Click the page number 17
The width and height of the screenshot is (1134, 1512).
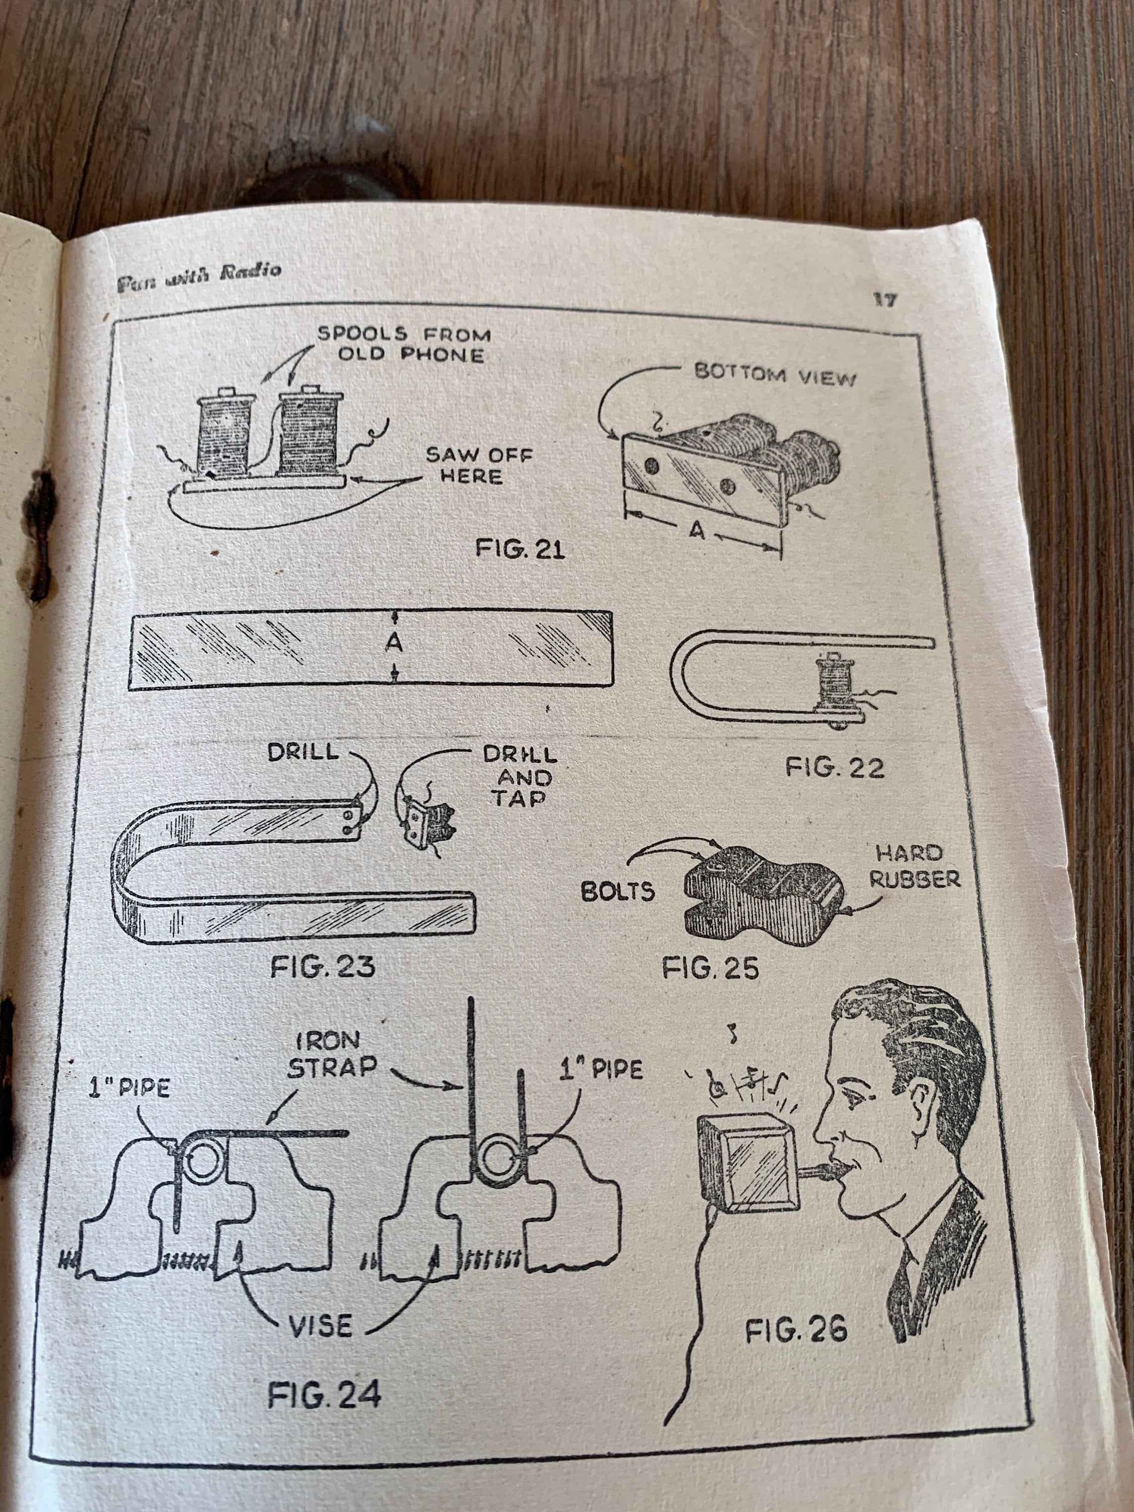coord(885,299)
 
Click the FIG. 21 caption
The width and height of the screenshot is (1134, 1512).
coord(521,549)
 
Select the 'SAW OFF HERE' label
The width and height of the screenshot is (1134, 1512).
coord(478,466)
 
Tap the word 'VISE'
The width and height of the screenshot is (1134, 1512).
coord(321,1327)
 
